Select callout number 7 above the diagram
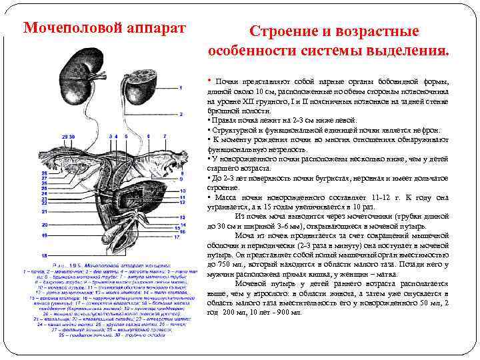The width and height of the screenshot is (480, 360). pos(162,136)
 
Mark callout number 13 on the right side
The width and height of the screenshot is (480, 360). pos(181,218)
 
